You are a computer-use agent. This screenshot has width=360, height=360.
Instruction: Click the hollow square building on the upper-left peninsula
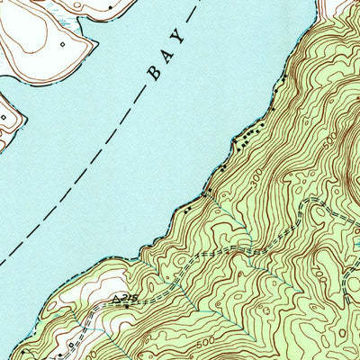tap(62, 42)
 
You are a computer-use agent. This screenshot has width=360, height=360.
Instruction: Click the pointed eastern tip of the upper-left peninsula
tap(93, 42)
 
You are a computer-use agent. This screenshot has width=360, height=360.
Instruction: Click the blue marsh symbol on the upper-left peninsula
tap(63, 18)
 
